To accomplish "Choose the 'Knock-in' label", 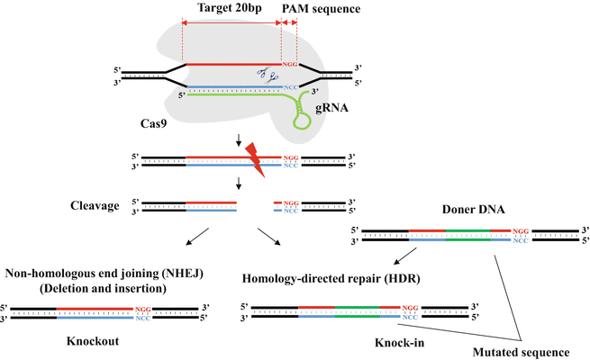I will pos(398,343).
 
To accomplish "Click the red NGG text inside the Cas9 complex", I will pos(289,65).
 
